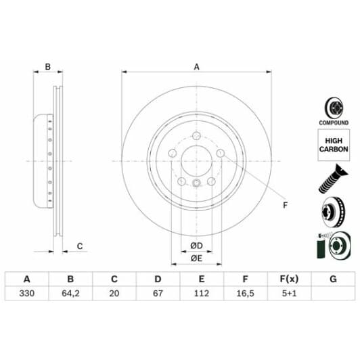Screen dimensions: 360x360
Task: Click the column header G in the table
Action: click(332, 279)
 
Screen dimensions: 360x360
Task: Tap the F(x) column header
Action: click(288, 279)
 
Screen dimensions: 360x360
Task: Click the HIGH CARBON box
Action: click(333, 145)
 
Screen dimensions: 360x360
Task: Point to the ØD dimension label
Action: click(196, 244)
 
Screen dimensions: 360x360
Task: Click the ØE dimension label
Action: click(196, 258)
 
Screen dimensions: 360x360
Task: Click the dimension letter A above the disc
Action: click(196, 66)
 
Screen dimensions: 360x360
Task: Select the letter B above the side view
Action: click(47, 66)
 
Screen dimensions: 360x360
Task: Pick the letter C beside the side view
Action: click(79, 246)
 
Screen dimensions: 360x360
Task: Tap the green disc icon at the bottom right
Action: click(332, 246)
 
